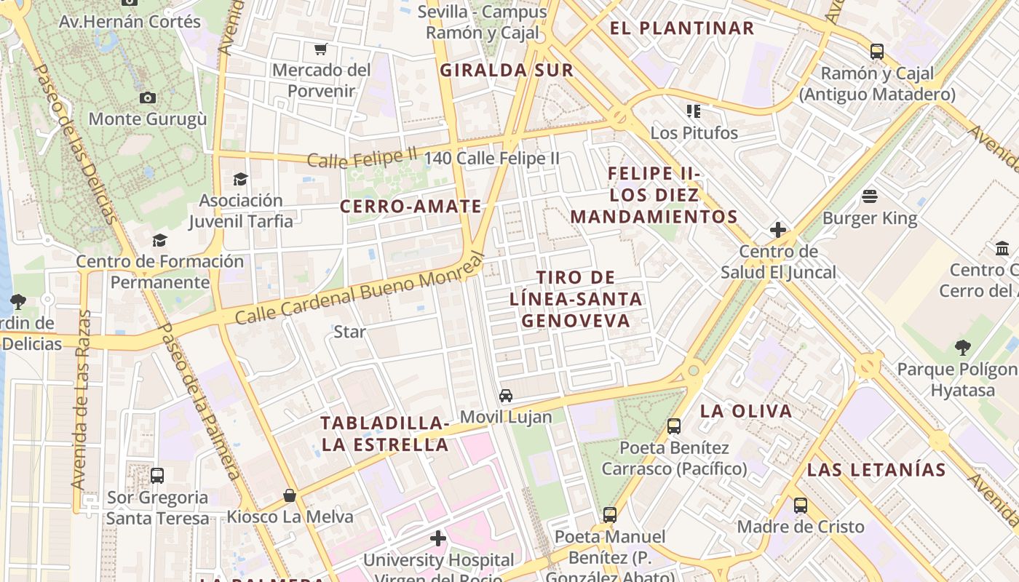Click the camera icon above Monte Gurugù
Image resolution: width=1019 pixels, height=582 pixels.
coord(148,97)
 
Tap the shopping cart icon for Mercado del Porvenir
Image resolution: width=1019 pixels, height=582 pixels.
coord(320,49)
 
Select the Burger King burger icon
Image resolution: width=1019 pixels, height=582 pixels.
coord(870,196)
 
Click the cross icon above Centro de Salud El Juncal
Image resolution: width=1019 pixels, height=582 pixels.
coord(778,231)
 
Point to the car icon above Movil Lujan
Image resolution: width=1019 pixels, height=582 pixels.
coord(506,396)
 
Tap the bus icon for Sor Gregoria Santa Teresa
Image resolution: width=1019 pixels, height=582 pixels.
coord(157,476)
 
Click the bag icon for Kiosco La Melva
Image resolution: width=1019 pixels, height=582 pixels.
coord(290,495)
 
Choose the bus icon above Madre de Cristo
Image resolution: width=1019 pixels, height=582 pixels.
coord(801,505)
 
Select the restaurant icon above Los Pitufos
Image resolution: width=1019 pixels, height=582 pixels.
coord(694,111)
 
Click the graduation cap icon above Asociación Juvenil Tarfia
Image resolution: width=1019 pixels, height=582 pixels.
coord(240,179)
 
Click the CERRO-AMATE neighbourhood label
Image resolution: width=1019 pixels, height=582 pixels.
coord(411,207)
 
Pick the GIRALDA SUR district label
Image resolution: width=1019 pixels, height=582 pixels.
coord(507,71)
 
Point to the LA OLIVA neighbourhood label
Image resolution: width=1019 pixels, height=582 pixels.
coord(746,411)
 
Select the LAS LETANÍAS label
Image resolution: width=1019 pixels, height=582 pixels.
coord(876,469)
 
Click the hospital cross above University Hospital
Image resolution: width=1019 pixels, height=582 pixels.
coord(437,538)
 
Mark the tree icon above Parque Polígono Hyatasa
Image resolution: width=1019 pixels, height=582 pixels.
coord(962,348)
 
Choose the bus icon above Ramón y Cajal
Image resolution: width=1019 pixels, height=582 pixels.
coord(877,52)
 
